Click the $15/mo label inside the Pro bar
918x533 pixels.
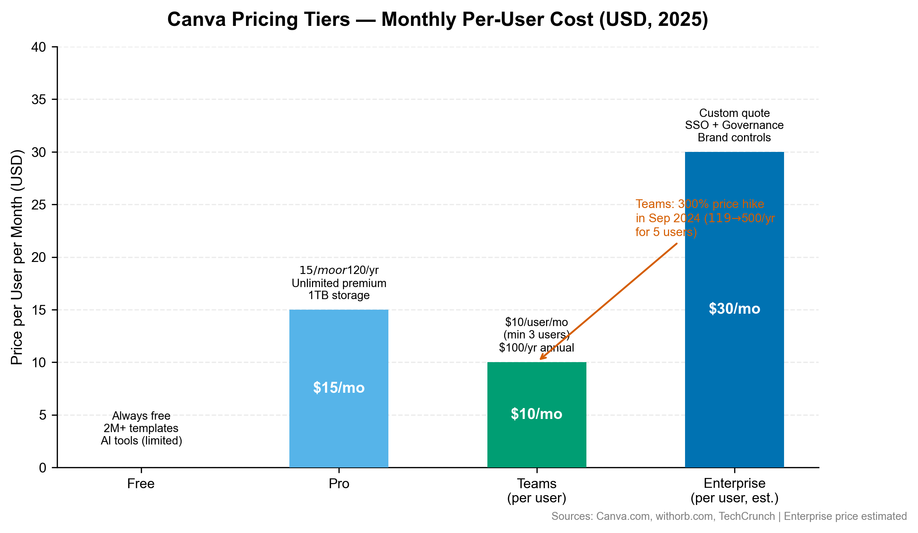[339, 388]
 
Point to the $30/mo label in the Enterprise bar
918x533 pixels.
[735, 309]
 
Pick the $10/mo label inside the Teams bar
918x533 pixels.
[537, 414]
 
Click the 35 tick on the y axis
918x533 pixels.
[39, 99]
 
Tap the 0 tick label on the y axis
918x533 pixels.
[43, 468]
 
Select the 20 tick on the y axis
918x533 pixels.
[39, 257]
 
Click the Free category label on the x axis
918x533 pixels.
[141, 484]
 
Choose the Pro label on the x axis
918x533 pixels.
[339, 484]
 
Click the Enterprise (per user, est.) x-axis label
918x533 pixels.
[735, 491]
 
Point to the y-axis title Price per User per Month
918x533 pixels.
[17, 257]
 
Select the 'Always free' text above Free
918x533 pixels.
[141, 416]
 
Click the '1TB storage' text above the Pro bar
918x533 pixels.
[339, 295]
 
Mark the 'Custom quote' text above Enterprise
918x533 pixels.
[735, 113]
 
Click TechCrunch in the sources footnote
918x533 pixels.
[747, 517]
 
